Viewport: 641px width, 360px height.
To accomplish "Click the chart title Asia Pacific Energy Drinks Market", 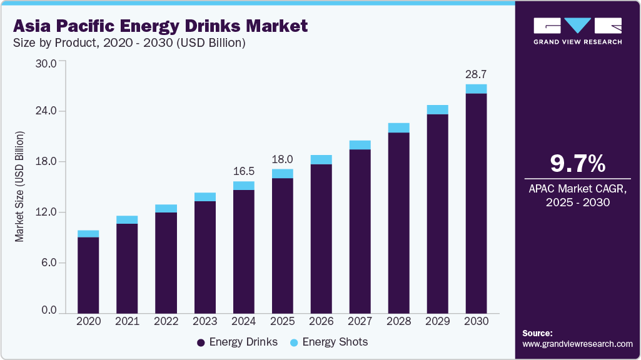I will click(x=160, y=26).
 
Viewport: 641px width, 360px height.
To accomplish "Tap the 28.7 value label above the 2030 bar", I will click(x=476, y=74).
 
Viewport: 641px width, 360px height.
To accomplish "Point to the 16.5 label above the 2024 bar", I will click(x=243, y=171).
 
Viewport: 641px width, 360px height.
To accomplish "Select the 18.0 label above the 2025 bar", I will click(x=283, y=159).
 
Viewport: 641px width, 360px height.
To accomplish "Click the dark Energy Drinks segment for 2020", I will click(x=88, y=275).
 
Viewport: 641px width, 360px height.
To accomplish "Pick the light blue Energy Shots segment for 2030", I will click(x=476, y=89).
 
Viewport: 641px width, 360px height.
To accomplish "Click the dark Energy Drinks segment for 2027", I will click(x=360, y=231).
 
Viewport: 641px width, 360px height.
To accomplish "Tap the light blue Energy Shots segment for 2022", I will click(x=166, y=209).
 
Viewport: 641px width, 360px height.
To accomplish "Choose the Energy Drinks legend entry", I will click(x=237, y=342).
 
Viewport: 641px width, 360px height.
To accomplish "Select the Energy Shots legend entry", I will click(x=329, y=342).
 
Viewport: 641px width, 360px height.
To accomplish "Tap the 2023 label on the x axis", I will click(x=204, y=321).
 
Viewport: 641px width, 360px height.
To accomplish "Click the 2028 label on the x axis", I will click(x=398, y=321).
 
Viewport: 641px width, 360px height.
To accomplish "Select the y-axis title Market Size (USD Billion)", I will click(x=20, y=187).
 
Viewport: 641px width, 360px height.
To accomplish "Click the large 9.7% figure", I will click(x=577, y=164).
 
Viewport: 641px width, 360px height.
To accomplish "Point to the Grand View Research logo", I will click(x=577, y=31).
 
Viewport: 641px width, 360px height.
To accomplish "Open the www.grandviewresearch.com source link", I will click(x=577, y=344).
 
